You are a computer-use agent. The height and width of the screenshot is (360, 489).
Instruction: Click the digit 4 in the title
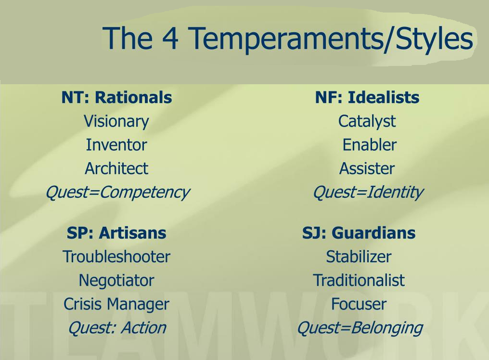click(x=170, y=38)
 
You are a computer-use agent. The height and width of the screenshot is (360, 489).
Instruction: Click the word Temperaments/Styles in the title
click(x=331, y=39)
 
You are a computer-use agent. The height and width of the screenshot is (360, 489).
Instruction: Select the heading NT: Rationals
click(x=116, y=97)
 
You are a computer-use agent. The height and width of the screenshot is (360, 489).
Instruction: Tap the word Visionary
click(x=116, y=122)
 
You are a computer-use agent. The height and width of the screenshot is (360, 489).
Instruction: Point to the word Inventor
click(x=116, y=145)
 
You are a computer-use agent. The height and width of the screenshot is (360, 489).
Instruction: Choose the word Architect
click(x=116, y=168)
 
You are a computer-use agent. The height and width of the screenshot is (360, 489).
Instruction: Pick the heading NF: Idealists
click(x=367, y=97)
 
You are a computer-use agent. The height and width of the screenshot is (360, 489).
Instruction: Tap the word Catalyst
click(x=367, y=122)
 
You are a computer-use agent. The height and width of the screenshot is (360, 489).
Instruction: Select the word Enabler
click(x=370, y=145)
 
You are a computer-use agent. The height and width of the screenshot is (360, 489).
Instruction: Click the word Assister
click(x=367, y=168)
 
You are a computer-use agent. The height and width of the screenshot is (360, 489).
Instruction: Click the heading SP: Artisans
click(x=116, y=233)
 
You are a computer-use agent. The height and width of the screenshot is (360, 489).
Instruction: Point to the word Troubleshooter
click(x=116, y=257)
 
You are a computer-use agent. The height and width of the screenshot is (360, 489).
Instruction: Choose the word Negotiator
click(x=116, y=281)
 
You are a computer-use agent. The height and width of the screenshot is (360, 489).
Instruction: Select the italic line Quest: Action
click(x=117, y=328)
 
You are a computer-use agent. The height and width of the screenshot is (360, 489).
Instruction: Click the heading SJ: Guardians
click(x=359, y=233)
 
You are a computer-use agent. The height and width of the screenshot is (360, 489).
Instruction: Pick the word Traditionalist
click(x=359, y=280)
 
